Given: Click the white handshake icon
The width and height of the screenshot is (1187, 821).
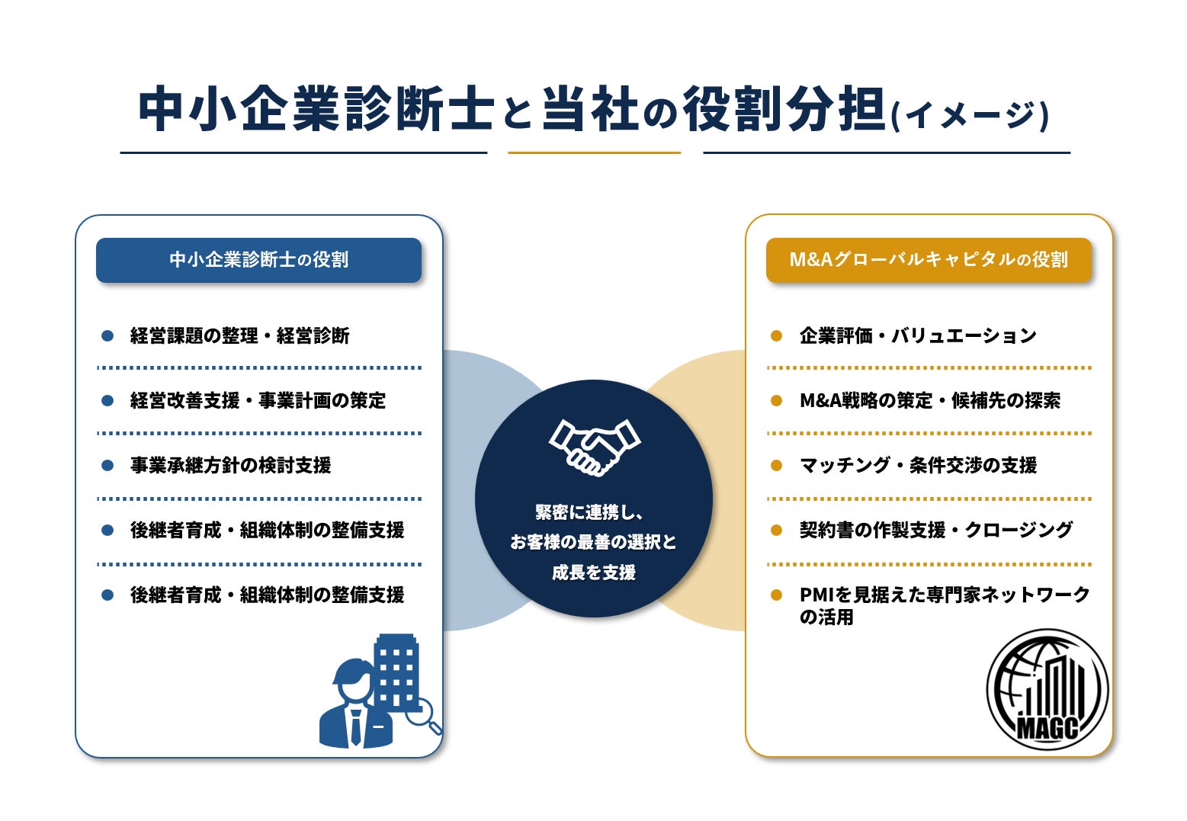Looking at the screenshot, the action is coord(595,447).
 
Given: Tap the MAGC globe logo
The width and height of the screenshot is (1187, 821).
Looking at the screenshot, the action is coord(1047,689).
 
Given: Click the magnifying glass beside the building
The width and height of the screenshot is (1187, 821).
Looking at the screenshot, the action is coord(424,716).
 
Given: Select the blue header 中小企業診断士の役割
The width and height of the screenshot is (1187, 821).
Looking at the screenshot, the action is coord(258,260).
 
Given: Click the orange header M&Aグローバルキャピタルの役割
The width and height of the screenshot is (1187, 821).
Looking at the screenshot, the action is coord(929,260).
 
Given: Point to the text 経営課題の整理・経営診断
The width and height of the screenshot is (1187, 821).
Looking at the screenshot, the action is coord(239,335).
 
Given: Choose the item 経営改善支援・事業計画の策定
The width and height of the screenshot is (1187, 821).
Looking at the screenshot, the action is coord(258,401).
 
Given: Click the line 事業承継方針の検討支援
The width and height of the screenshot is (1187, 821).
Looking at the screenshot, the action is coord(230,465).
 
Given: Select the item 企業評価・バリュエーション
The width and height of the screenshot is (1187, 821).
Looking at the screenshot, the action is coord(918,335).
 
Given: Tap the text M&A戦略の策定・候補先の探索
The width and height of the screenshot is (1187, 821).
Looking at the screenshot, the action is coord(930,401).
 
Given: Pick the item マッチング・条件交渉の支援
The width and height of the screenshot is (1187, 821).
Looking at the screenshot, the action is coord(918,465).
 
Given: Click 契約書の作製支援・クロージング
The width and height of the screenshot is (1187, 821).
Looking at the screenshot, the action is coord(936,530).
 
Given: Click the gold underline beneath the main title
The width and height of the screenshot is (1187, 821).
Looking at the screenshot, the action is coord(594,152).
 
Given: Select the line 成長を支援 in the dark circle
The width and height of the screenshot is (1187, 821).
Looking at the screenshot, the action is coord(593,572).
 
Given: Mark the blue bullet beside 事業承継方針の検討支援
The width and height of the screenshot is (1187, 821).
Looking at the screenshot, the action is coord(107,465).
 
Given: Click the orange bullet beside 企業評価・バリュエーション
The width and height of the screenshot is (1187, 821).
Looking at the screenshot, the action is coord(776,335).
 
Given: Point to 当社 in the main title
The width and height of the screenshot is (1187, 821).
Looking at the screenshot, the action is coord(590,109).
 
